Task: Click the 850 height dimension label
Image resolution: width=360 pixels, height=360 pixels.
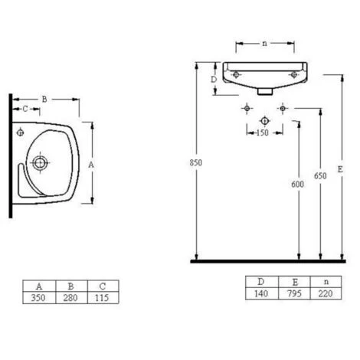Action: pyautogui.click(x=196, y=162)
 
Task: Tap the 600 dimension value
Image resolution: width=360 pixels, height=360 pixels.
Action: pyautogui.click(x=298, y=184)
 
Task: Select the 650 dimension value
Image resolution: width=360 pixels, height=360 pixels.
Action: pyautogui.click(x=320, y=175)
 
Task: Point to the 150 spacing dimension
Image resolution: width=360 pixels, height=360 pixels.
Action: pyautogui.click(x=263, y=133)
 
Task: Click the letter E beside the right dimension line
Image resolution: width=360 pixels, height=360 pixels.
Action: pyautogui.click(x=340, y=169)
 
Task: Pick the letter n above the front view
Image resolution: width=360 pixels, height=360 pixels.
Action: pyautogui.click(x=264, y=44)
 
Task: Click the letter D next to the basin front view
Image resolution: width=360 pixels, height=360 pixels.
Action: pyautogui.click(x=214, y=80)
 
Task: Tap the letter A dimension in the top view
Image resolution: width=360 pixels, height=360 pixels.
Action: pyautogui.click(x=91, y=165)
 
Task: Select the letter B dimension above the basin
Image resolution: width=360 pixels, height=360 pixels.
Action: pyautogui.click(x=44, y=99)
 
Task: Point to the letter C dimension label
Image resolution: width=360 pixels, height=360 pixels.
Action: pyautogui.click(x=25, y=109)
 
